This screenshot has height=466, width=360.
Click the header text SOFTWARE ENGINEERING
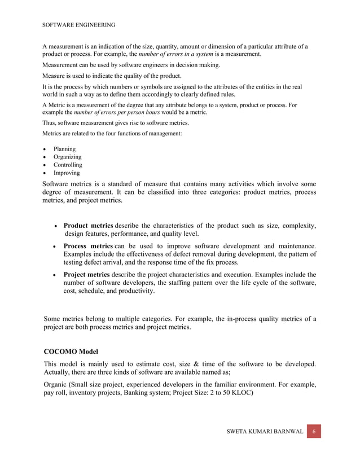80,24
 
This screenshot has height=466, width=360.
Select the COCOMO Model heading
71,351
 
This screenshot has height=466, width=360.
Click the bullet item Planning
64,149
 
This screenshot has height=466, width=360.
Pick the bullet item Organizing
67,157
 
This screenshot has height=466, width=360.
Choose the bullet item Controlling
68,165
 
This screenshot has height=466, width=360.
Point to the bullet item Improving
67,173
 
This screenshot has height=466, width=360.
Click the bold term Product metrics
88,226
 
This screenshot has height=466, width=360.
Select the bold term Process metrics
88,246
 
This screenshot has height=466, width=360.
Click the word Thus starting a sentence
50,122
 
